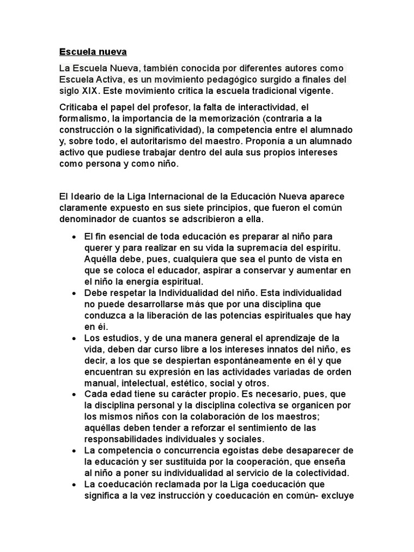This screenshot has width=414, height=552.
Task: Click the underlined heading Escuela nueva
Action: [92, 52]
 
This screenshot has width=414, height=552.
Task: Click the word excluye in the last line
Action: [337, 495]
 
